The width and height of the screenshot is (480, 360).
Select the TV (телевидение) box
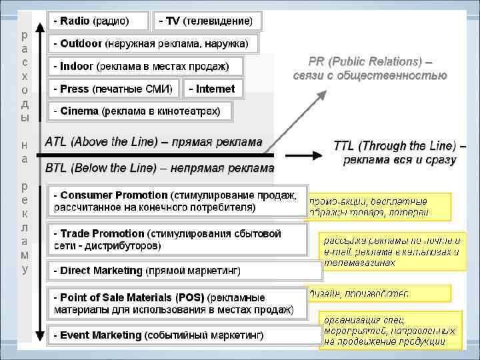coord(207,21)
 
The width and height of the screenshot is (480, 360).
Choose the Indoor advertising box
coord(145,66)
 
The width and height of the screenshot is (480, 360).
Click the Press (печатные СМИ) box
coord(113,89)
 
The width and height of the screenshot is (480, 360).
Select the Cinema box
coord(140,111)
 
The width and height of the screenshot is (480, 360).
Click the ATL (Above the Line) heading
coord(153,142)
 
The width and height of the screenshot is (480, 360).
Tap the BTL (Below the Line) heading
coord(159,169)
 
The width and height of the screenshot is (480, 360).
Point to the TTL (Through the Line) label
coord(399,153)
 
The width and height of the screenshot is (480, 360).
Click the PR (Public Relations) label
coord(370,68)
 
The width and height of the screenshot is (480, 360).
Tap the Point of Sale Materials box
coord(177,303)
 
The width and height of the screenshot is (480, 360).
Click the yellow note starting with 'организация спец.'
coord(390,330)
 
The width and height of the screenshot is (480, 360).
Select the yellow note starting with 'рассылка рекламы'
coord(391,251)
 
